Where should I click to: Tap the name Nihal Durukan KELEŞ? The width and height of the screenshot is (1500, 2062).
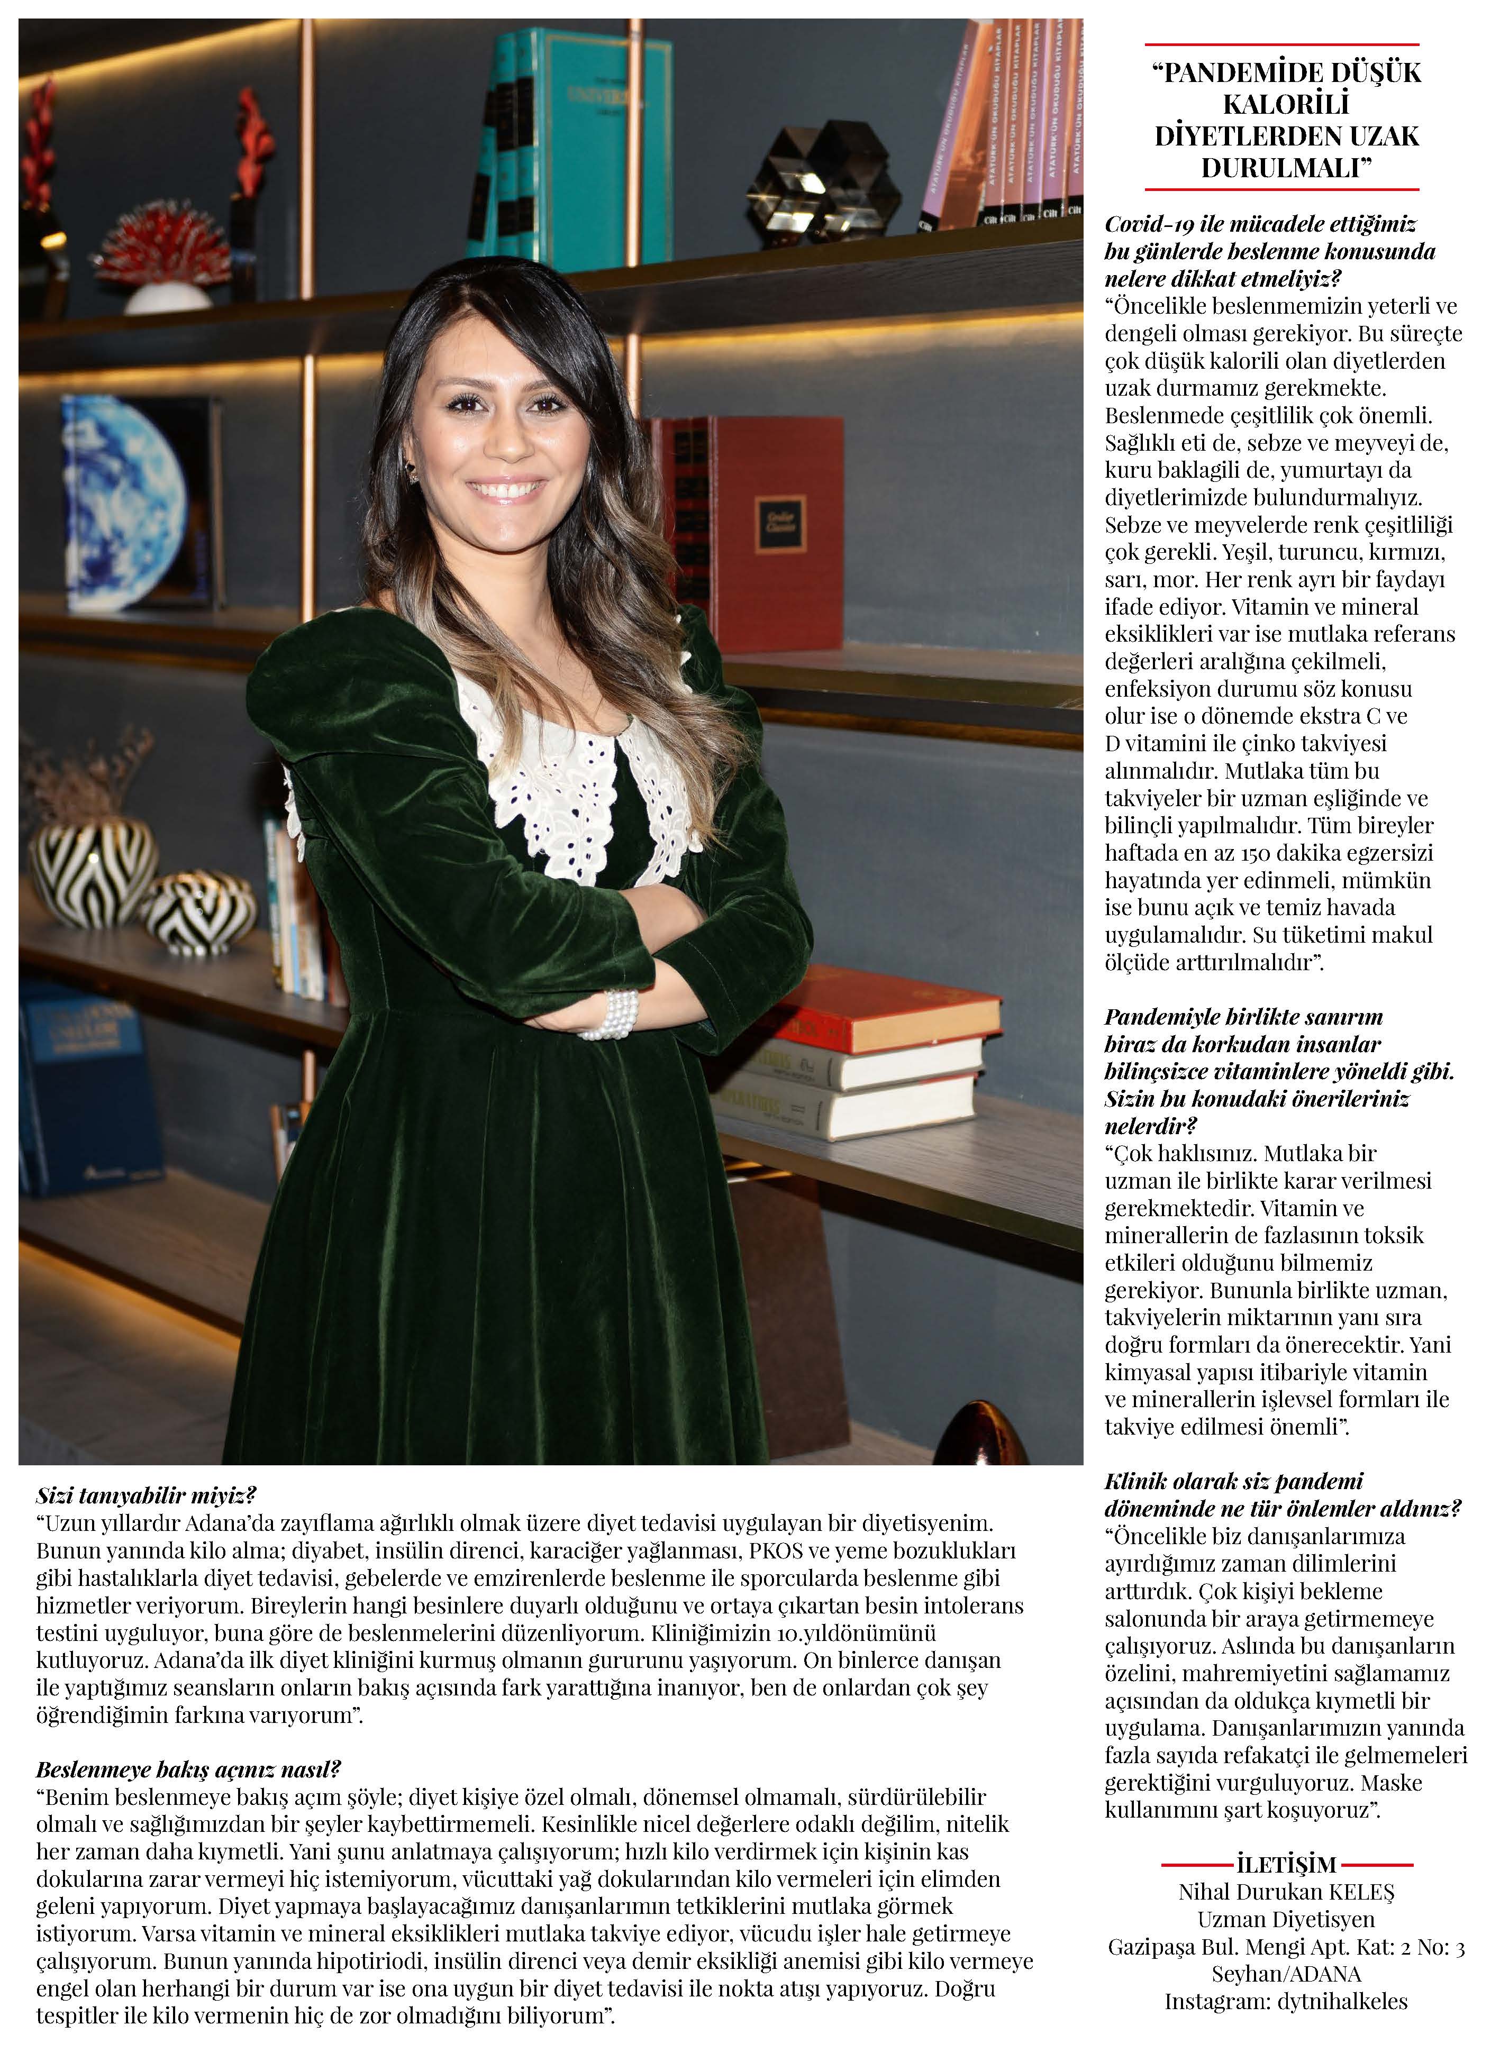click(1286, 1892)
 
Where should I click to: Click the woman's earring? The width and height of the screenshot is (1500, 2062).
click(412, 470)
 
